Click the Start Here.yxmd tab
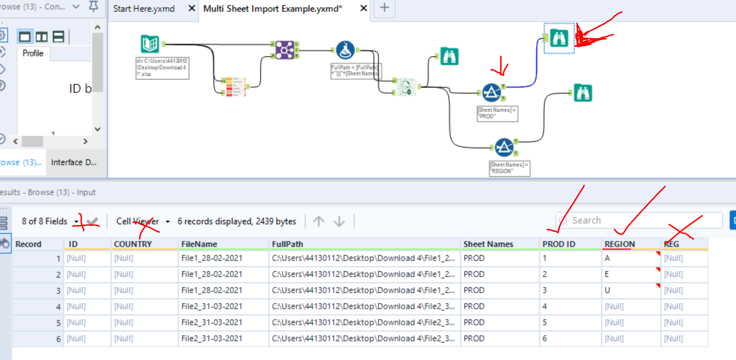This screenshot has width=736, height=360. coord(144,9)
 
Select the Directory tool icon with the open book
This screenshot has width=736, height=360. coord(150,44)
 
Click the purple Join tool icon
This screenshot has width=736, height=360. coord(284,50)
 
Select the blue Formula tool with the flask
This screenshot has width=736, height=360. coord(345,50)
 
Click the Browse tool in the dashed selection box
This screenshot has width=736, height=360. coord(559,38)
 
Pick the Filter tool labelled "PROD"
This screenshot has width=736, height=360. coord(491,93)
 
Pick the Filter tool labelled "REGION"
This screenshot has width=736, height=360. coord(504,147)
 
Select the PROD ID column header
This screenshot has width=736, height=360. coord(559,244)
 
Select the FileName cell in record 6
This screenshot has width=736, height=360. coord(212,339)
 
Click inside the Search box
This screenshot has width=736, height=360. coord(639,220)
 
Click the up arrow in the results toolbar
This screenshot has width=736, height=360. coord(319,222)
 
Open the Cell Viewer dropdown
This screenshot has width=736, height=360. coord(143,221)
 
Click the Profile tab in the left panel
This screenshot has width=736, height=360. coord(33,53)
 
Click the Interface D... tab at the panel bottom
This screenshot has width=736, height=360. coord(74,162)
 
